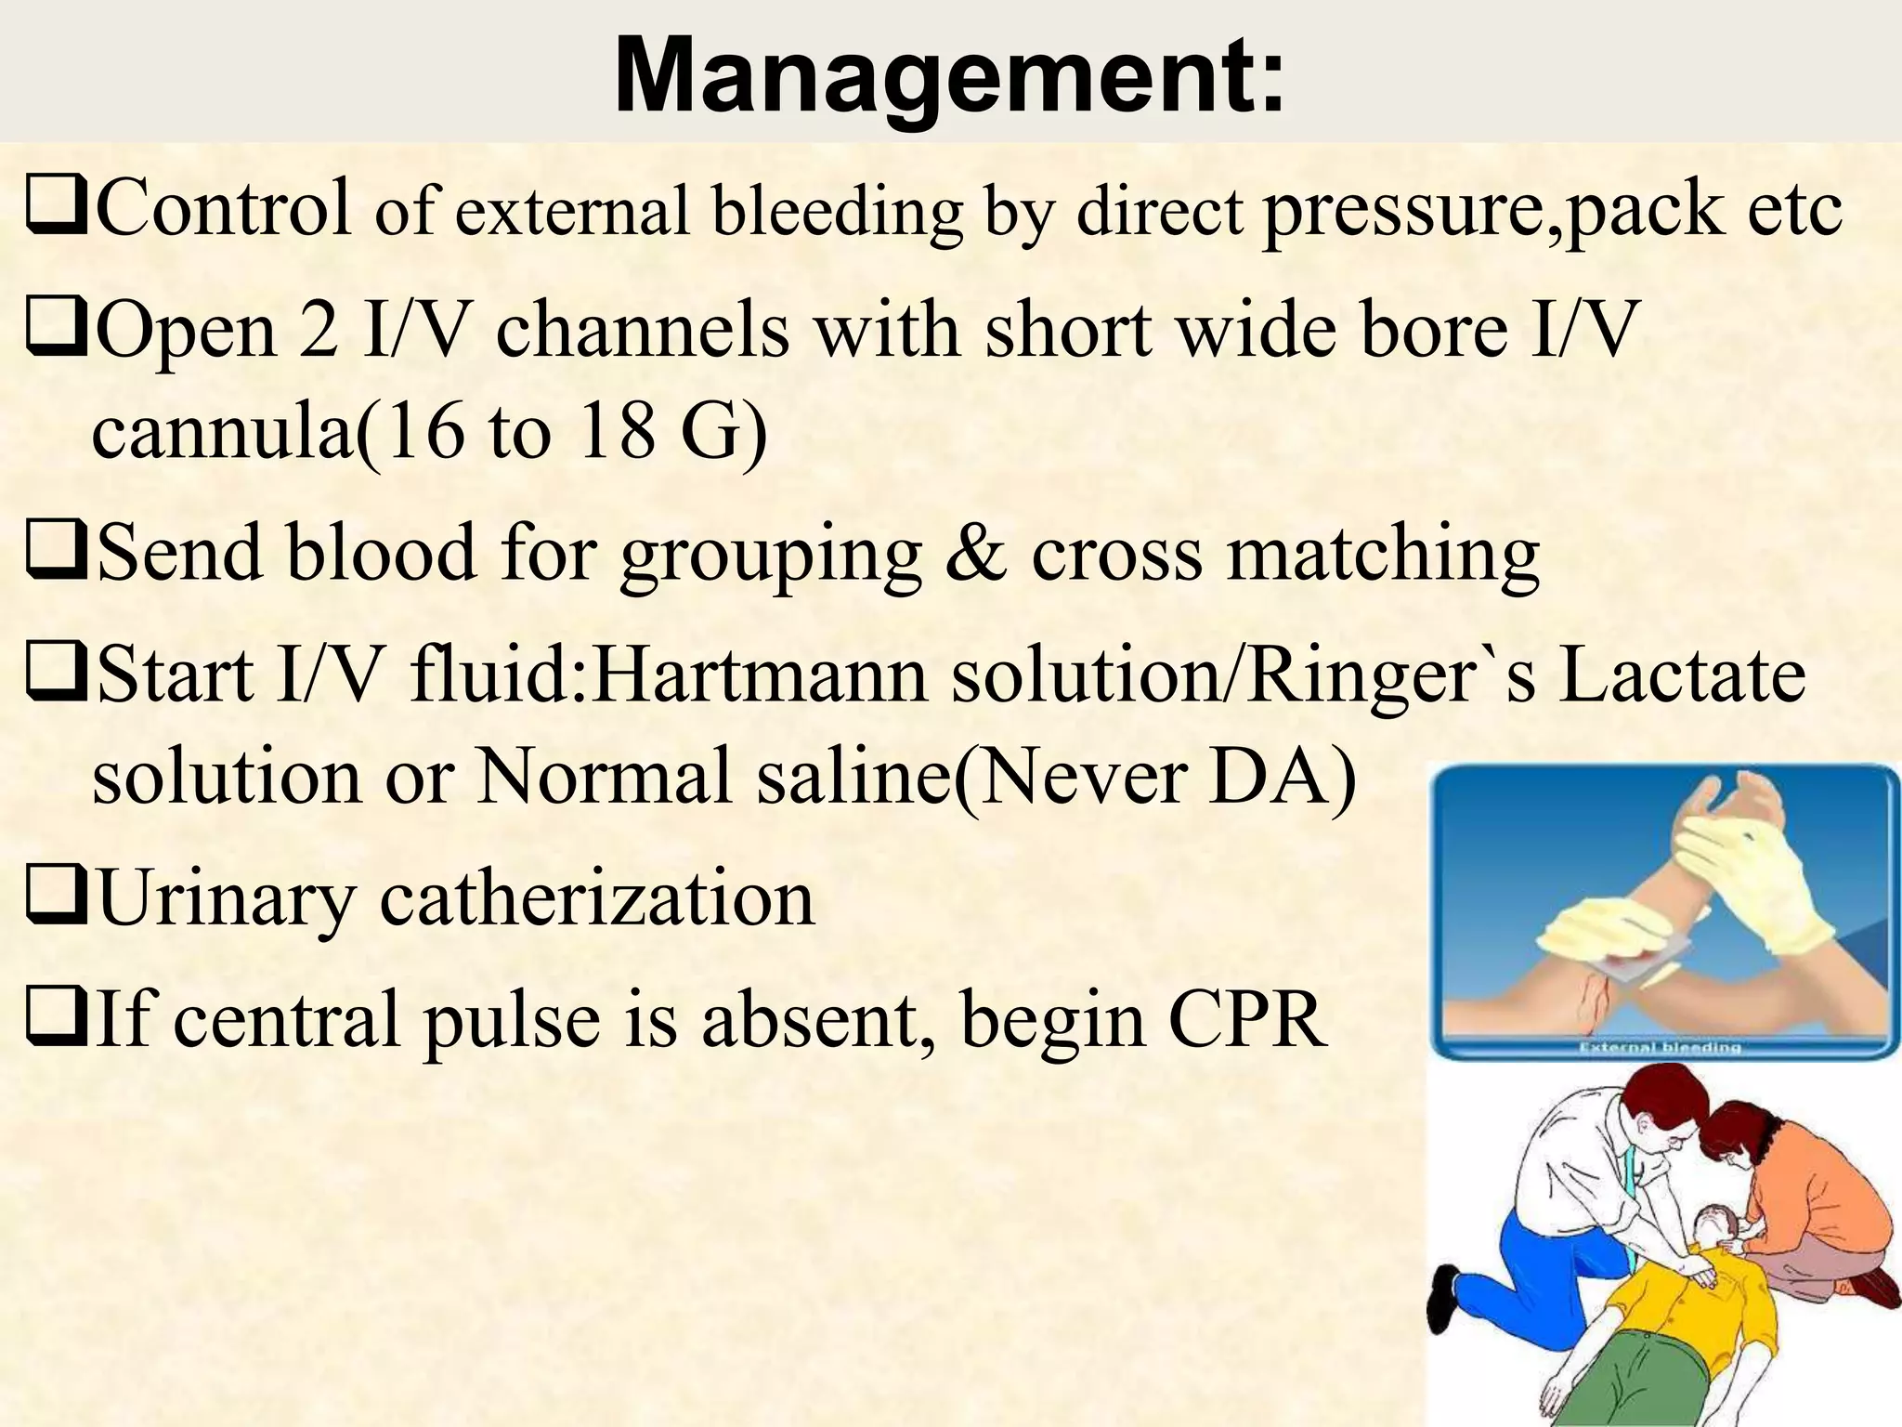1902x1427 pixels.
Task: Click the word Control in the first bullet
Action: (223, 206)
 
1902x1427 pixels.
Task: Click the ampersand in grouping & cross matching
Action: (974, 554)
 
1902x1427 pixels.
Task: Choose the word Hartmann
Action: (759, 674)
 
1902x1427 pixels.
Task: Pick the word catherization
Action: (597, 898)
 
